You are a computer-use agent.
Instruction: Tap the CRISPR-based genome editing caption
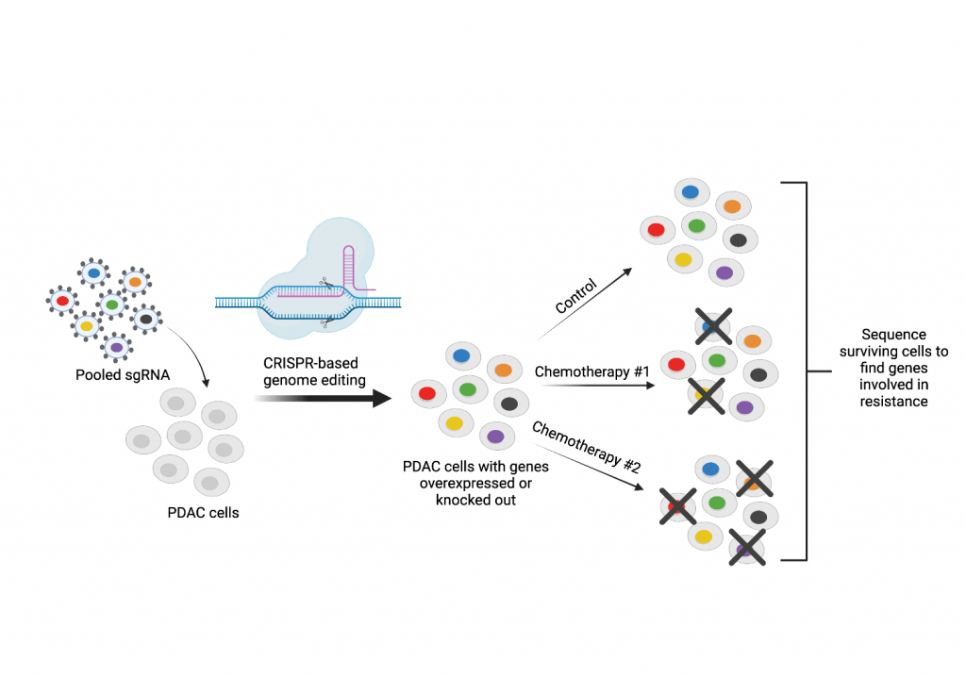[x=311, y=371]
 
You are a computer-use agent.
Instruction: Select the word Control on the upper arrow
[x=575, y=296]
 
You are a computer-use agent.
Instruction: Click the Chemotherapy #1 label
[x=592, y=371]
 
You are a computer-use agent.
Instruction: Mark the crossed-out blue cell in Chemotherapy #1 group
[x=713, y=326]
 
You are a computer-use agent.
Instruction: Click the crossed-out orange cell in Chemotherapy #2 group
[x=754, y=482]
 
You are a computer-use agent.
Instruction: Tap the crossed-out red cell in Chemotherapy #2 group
[x=678, y=506]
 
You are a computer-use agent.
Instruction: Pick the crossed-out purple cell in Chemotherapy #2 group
[x=746, y=546]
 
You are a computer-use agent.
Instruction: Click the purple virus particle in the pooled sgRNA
[x=116, y=347]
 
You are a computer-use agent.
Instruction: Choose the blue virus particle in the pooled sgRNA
[x=94, y=273]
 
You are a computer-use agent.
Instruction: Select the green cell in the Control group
[x=697, y=226]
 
